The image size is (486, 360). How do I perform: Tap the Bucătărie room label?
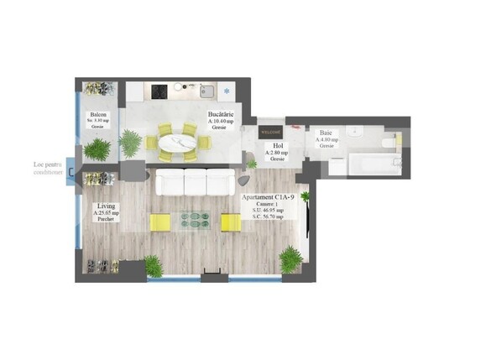221,114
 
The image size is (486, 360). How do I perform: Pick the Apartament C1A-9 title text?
268,196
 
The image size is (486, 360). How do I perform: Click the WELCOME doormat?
272,132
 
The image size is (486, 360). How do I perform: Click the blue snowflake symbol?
226,90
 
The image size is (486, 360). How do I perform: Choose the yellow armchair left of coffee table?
160,222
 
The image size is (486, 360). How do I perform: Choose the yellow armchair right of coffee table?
229,222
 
